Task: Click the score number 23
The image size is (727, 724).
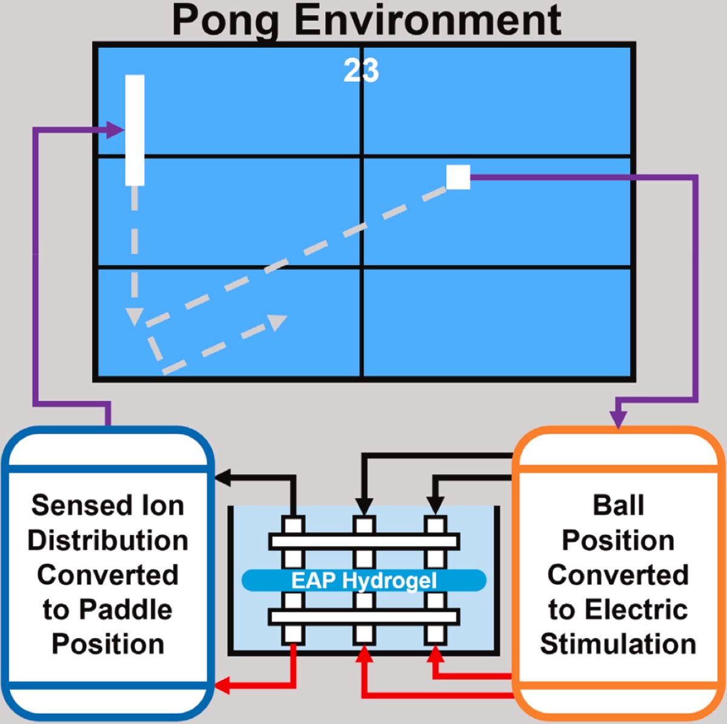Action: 361,71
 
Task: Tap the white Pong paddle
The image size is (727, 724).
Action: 134,130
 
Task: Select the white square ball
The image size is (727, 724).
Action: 458,177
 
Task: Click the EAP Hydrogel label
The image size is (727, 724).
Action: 363,581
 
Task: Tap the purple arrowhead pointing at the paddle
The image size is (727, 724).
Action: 116,130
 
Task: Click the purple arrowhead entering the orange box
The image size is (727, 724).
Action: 618,419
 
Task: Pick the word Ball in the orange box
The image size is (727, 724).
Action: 618,505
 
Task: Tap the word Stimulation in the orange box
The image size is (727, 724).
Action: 618,644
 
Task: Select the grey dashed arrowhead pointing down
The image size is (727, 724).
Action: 134,316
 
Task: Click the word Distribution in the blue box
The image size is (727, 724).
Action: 108,541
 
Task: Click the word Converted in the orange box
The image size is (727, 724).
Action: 618,575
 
